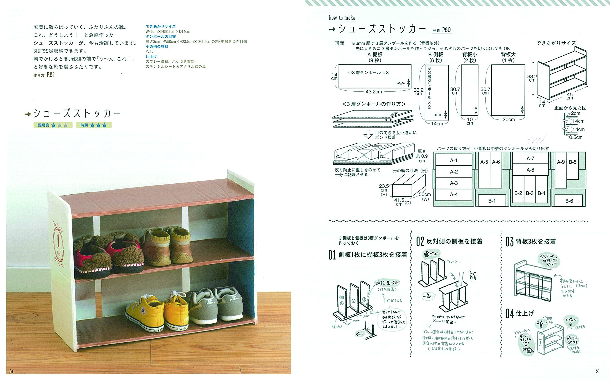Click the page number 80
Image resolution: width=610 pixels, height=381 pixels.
coord(12,371)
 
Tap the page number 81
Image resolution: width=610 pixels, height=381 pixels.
coord(597,371)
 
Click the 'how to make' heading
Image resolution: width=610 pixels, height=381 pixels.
coord(342,18)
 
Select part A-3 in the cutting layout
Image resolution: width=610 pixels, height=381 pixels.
coord(454,183)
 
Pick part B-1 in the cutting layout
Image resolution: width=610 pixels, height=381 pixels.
coord(492,201)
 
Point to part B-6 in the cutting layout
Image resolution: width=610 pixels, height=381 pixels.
coord(569,201)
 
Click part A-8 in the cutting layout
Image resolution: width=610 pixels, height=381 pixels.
coord(530,170)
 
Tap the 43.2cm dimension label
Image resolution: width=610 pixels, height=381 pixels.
coord(374,92)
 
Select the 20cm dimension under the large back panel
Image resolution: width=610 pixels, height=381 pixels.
coord(508,120)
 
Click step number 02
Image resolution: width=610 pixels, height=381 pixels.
coord(420,241)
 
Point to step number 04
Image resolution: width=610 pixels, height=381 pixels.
coord(510,314)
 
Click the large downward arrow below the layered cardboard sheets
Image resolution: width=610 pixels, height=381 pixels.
coord(368,134)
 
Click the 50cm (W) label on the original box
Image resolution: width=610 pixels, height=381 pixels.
coord(425,196)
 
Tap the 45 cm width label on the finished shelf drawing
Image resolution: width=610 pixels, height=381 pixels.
coord(570,96)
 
